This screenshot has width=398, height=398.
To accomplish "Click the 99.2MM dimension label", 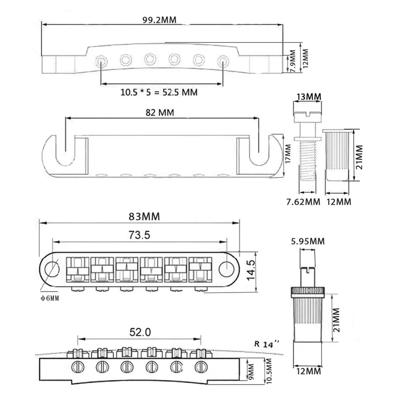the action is tap(159, 20).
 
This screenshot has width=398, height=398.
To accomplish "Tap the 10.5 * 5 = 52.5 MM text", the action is tap(159, 92).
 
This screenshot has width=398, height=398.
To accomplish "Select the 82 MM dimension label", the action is tap(160, 112).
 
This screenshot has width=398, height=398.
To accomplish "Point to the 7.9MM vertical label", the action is tap(293, 61).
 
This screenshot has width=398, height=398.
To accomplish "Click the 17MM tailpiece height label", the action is tap(288, 154).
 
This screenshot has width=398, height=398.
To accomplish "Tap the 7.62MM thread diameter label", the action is tap(303, 202).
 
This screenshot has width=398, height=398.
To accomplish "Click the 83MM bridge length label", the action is tap(144, 216).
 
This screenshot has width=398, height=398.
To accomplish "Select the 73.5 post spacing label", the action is tap(139, 235).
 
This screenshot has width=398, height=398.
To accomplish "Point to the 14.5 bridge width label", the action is tap(251, 270).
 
